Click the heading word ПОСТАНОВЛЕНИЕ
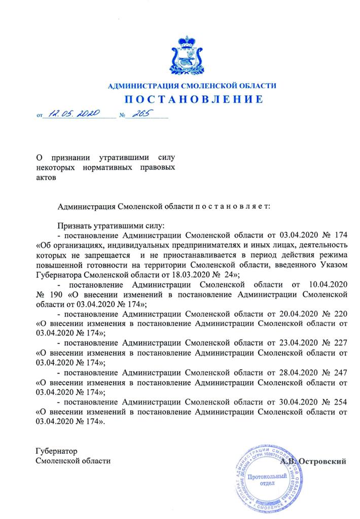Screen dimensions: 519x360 coord(192,99)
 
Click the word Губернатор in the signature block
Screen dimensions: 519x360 coord(55,451)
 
